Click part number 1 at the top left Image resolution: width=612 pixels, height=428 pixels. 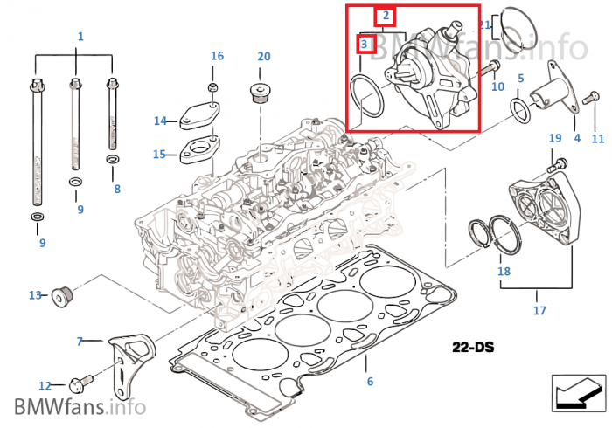click(x=80, y=37)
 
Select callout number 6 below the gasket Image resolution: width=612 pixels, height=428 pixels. click(x=370, y=381)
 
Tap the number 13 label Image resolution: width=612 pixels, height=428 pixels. click(x=36, y=295)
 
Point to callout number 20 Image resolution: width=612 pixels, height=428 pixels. click(x=264, y=57)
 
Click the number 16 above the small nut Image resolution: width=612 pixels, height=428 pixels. click(x=217, y=57)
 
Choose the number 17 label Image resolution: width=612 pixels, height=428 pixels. click(x=539, y=309)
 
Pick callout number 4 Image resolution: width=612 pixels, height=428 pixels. click(x=576, y=138)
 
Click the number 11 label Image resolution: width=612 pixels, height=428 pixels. click(x=598, y=138)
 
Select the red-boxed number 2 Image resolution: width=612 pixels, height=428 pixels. click(x=386, y=16)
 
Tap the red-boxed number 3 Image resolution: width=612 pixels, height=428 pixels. click(x=367, y=44)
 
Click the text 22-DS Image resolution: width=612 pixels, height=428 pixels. click(x=473, y=348)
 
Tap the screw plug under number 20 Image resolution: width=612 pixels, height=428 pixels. click(x=259, y=93)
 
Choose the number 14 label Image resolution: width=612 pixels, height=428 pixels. click(x=159, y=121)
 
